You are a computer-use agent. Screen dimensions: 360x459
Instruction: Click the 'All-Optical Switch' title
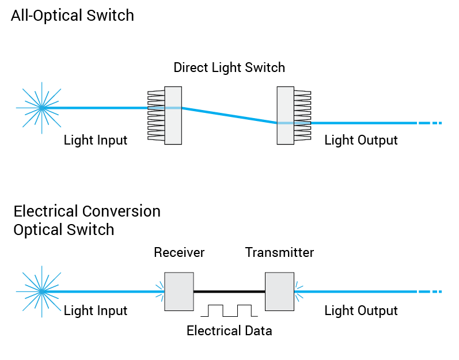pos(72,16)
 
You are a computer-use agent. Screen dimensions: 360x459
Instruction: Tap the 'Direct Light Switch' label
pos(229,67)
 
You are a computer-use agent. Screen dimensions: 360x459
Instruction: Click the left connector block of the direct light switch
pos(172,115)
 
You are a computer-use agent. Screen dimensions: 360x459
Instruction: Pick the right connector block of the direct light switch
pos(286,115)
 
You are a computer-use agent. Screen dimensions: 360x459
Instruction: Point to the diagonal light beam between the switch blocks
pos(229,115)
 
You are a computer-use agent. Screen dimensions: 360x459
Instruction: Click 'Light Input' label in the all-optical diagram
pos(96,140)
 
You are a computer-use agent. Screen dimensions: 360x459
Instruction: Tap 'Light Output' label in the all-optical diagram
pos(361,140)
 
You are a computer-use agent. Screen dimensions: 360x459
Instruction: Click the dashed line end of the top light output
pos(430,123)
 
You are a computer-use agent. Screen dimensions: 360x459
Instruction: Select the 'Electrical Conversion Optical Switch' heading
pos(86,220)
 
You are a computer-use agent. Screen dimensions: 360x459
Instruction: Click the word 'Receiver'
pos(179,252)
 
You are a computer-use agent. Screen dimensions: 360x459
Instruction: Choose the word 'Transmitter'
pos(279,252)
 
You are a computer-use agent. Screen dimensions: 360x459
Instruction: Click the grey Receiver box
pos(179,292)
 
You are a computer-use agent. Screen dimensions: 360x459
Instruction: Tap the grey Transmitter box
pos(279,292)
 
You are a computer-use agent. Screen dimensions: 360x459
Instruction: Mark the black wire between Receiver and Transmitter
pos(229,292)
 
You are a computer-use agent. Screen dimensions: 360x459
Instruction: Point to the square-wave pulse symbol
pos(229,310)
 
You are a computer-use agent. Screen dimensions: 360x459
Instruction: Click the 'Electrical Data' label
pos(229,331)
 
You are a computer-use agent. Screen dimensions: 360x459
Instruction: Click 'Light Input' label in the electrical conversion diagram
pos(96,311)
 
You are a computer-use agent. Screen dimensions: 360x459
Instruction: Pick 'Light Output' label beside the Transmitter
pos(361,311)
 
